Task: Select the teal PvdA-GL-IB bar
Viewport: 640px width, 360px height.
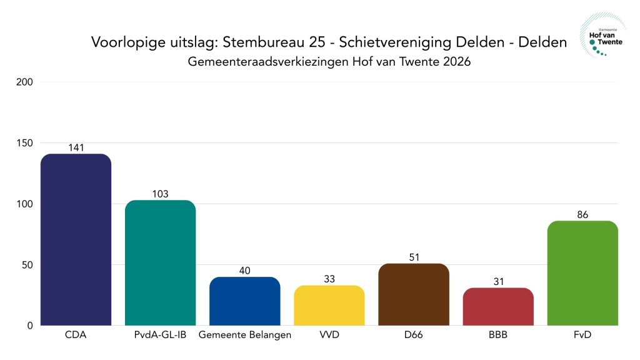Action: (x=160, y=262)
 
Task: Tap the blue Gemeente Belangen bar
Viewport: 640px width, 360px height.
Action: (x=244, y=301)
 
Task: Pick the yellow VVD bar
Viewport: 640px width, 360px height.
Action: (x=329, y=305)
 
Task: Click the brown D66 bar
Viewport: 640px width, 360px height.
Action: (x=414, y=294)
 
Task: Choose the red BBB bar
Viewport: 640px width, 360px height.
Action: (x=498, y=306)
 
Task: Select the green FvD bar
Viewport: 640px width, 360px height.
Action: (x=582, y=273)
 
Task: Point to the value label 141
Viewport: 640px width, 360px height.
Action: (x=76, y=147)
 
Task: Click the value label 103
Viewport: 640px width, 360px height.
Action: (x=160, y=194)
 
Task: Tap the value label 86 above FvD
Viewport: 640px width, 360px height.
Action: (x=582, y=214)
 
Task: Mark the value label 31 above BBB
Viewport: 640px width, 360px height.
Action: (x=498, y=281)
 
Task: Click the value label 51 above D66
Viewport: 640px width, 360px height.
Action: (x=414, y=257)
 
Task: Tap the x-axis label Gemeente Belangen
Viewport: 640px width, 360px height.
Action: (x=244, y=335)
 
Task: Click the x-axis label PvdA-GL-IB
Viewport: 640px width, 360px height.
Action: (x=160, y=335)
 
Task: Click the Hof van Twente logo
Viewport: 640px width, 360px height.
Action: (x=601, y=36)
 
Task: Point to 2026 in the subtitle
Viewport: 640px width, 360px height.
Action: (x=456, y=62)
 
